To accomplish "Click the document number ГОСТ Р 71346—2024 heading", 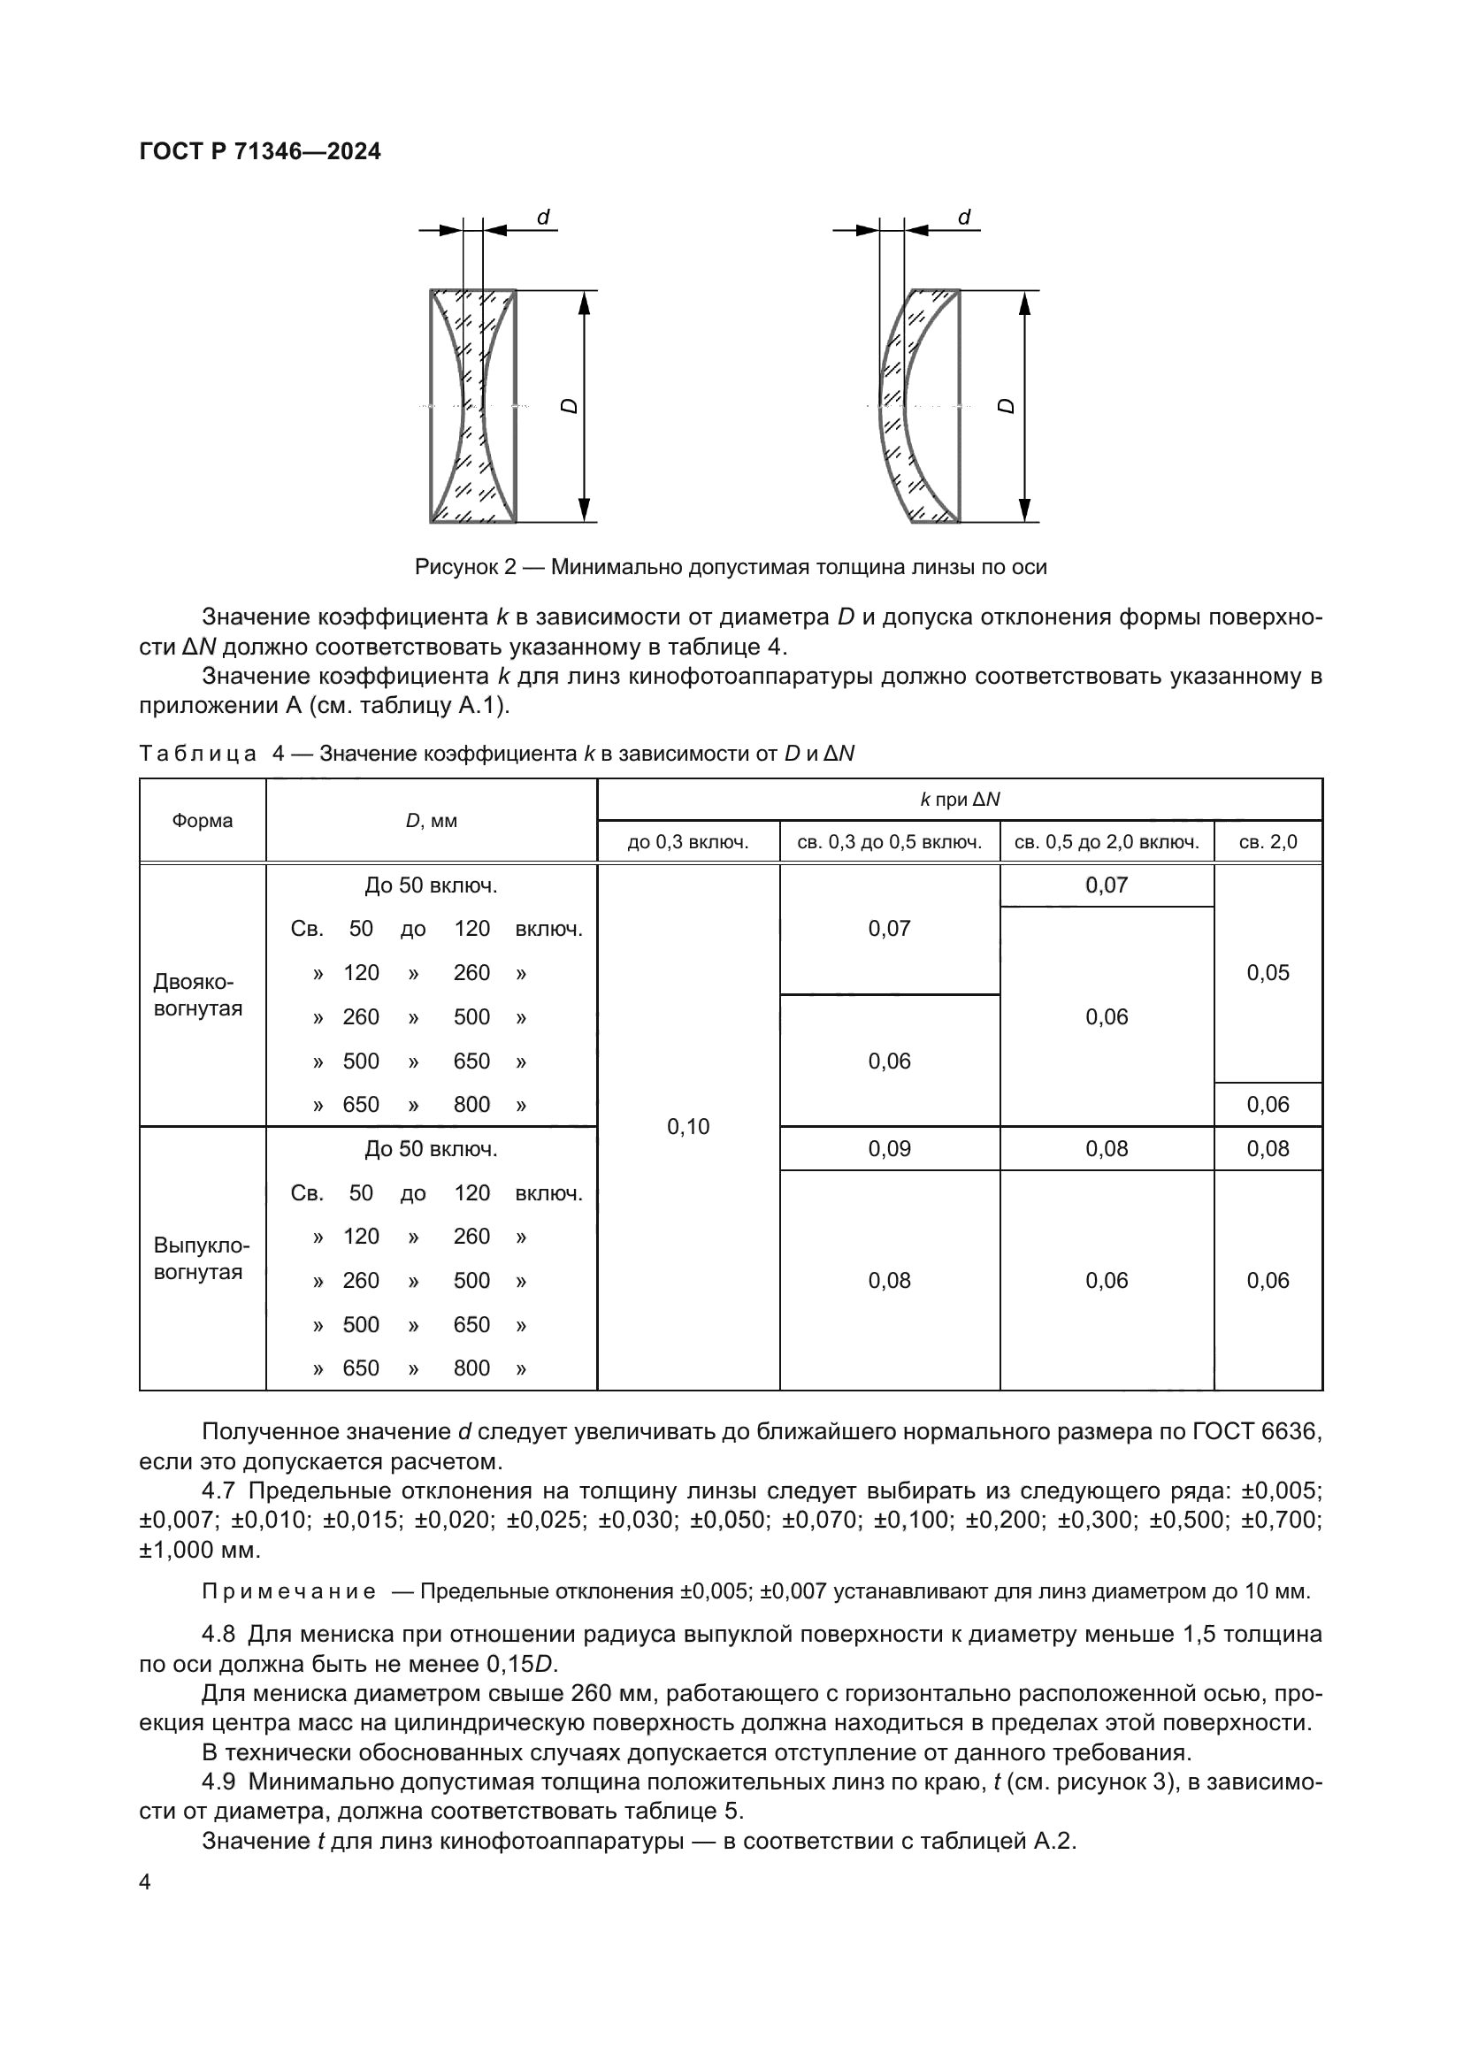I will (260, 151).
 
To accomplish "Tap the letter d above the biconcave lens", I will (543, 218).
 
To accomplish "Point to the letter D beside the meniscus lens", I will (1007, 405).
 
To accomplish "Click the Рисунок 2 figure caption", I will (731, 567).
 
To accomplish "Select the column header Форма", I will (203, 821).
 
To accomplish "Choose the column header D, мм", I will (431, 821).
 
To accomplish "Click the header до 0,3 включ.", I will (688, 843).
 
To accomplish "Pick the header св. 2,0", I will (1268, 843).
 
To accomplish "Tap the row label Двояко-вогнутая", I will (198, 995).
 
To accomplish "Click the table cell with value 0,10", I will (688, 1126).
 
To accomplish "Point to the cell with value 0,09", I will (889, 1149).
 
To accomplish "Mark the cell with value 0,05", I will (1268, 972).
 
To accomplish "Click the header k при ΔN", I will (960, 801).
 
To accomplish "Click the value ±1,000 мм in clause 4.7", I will (199, 1550).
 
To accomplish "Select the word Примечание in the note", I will (289, 1592).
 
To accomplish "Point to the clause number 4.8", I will (218, 1634).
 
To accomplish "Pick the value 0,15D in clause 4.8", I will (525, 1664).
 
